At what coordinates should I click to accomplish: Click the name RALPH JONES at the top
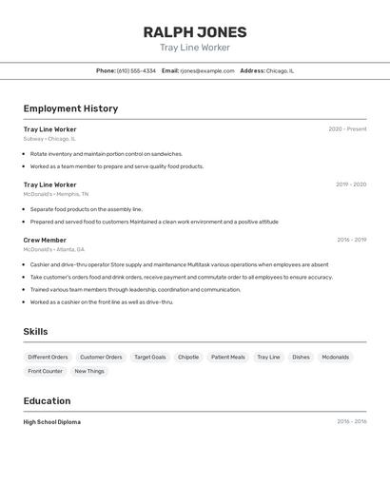pos(195,31)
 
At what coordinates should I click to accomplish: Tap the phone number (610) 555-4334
pos(136,70)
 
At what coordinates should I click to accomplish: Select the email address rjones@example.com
pos(207,70)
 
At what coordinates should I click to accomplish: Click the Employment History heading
pos(70,108)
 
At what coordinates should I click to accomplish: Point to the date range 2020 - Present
pos(347,129)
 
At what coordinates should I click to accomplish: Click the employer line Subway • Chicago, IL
pos(49,139)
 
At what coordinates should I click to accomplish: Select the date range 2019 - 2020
pos(351,184)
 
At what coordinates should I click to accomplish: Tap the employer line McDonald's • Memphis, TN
pos(56,194)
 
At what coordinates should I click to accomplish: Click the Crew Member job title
pos(45,241)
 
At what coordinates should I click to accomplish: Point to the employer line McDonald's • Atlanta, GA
pos(54,249)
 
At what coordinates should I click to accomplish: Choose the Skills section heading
pos(36,332)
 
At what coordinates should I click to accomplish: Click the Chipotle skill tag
pos(188,358)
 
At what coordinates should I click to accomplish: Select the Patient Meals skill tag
pos(228,358)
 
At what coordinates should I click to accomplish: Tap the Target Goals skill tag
pos(150,358)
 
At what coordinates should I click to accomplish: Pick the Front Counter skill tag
pos(46,371)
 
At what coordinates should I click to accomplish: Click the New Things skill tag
pos(89,371)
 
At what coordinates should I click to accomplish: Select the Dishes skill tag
pos(301,358)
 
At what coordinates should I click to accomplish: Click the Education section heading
pos(48,401)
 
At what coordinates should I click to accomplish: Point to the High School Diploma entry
pos(52,422)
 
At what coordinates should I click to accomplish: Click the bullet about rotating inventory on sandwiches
pos(106,153)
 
